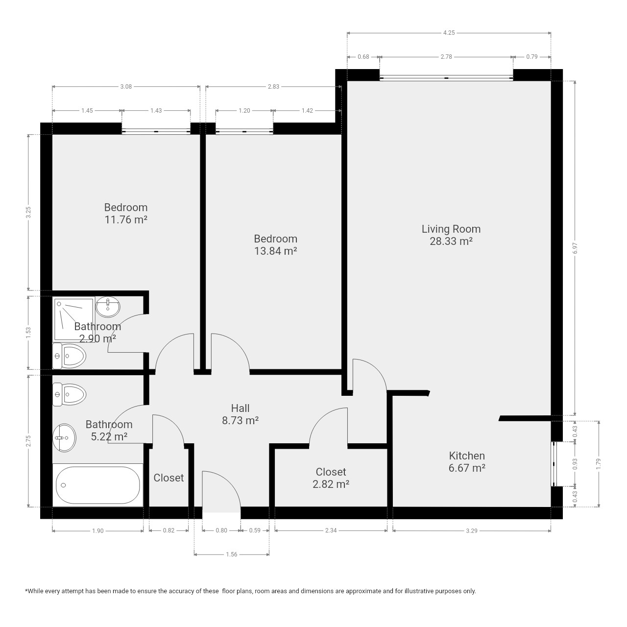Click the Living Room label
click(x=451, y=229)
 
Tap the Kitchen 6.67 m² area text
click(x=467, y=462)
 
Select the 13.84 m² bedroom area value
click(x=276, y=251)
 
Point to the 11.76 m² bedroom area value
click(x=126, y=219)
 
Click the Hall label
click(x=240, y=408)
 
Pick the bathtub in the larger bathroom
click(x=97, y=485)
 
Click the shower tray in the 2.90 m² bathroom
click(x=74, y=319)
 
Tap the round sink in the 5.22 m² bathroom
click(x=65, y=437)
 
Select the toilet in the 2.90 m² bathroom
click(x=69, y=356)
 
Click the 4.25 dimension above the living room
click(x=449, y=32)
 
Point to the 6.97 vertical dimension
click(x=575, y=248)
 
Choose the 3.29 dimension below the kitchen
click(x=471, y=531)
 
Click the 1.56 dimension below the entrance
click(x=232, y=554)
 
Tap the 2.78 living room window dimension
click(x=446, y=57)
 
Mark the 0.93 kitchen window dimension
click(x=575, y=464)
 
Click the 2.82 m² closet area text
click(x=331, y=484)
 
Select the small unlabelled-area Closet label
click(x=169, y=478)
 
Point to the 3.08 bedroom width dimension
click(x=126, y=87)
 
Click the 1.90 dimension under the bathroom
click(x=97, y=531)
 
